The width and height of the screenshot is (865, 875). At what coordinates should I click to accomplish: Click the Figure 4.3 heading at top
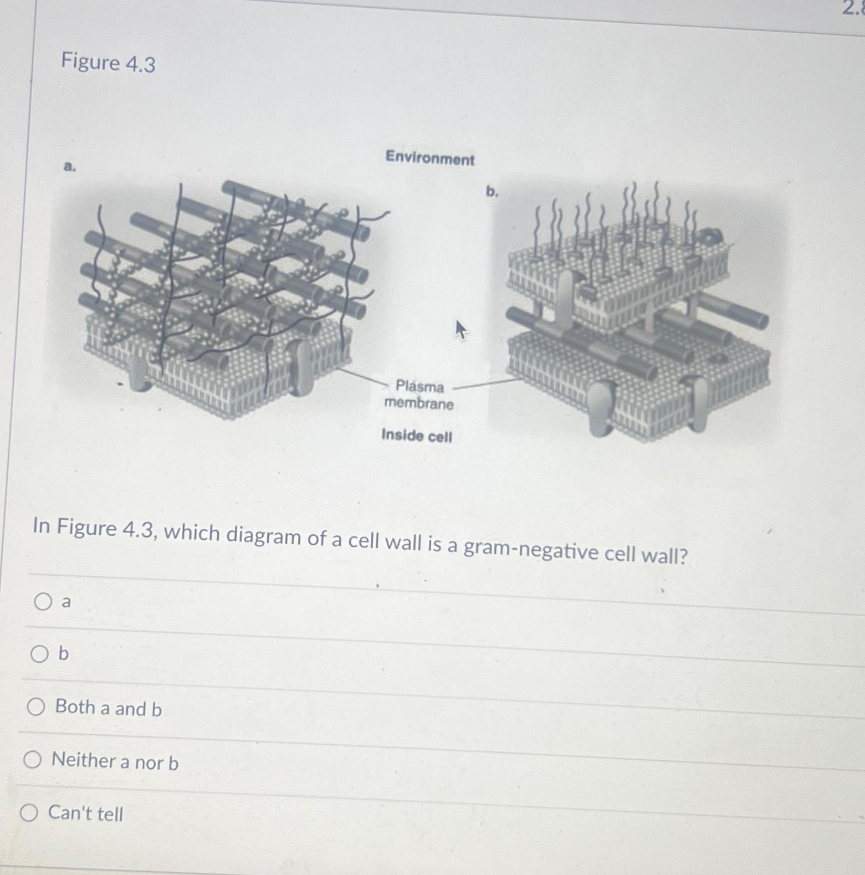pos(108,63)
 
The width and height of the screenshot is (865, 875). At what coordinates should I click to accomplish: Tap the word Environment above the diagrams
pos(430,158)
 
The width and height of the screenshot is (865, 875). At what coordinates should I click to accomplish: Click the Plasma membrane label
pos(419,395)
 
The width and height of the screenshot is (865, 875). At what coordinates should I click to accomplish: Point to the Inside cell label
pos(417,436)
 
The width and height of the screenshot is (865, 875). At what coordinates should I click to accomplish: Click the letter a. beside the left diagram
pos(69,166)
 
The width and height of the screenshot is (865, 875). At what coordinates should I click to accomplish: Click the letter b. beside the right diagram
pos(492,192)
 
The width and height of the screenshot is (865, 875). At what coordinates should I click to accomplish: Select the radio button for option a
pos(43,601)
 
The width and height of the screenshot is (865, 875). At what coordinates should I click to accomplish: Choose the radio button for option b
pos(39,654)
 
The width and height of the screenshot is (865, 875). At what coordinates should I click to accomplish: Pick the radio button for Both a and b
pos(36,707)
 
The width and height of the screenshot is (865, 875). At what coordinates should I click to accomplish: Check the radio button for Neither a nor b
pos(32,759)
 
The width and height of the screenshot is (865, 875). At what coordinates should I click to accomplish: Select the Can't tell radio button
pos(29,813)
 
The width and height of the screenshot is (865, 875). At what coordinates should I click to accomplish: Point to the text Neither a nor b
pos(115,761)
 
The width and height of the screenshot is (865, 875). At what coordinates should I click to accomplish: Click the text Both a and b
pos(109,708)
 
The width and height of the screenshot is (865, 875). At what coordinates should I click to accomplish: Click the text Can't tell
pos(86,813)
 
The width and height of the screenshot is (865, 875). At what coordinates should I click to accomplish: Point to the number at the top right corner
pos(853,8)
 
